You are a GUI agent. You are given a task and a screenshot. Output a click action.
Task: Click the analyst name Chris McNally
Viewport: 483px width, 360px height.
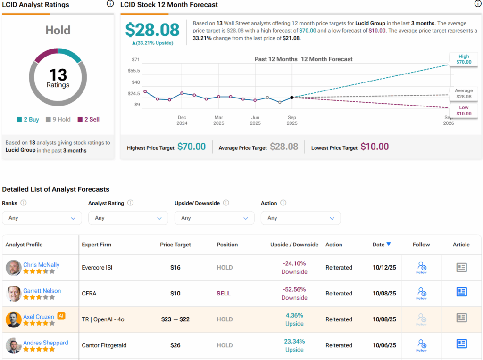[41, 265]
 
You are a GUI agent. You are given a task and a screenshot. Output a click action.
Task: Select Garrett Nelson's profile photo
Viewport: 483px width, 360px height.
[13, 294]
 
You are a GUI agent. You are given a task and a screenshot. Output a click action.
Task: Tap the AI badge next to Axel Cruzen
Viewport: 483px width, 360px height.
[61, 316]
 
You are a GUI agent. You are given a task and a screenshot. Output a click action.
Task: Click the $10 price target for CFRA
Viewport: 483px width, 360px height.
[175, 294]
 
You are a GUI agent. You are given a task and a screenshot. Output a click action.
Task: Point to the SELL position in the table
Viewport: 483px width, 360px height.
[224, 294]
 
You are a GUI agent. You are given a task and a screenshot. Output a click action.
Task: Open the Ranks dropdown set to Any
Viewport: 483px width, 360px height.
[42, 218]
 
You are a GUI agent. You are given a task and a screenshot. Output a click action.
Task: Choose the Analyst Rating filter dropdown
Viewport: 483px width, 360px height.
[128, 218]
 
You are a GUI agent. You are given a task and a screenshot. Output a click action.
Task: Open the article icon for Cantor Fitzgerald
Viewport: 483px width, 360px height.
[461, 344]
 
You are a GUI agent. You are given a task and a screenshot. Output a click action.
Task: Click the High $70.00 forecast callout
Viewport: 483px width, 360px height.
[463, 59]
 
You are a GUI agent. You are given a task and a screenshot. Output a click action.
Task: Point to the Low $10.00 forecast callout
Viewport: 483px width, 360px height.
[463, 111]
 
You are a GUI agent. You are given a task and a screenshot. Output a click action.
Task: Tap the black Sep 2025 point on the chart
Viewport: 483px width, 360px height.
[292, 98]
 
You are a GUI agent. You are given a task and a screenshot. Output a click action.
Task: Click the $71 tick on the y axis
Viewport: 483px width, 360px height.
[136, 59]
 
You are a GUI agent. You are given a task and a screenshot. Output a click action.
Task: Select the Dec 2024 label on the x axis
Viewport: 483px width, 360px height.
[182, 120]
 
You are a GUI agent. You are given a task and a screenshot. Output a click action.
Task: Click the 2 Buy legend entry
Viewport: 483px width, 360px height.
[28, 120]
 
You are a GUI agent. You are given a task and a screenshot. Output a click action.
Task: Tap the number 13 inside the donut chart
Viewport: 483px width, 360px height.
[58, 75]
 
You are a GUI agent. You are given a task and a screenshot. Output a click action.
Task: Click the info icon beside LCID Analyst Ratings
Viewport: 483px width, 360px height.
[110, 4]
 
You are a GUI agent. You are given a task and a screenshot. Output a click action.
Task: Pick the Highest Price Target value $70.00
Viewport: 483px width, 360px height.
[192, 147]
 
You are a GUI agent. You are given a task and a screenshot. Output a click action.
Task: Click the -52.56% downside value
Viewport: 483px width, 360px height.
[294, 289]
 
